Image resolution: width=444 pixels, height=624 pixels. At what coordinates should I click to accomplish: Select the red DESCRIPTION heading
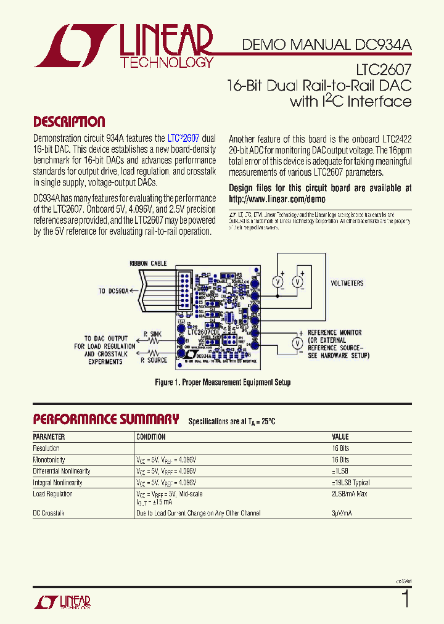point(68,121)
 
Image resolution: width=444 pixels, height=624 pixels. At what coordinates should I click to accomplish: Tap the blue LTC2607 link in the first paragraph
point(184,139)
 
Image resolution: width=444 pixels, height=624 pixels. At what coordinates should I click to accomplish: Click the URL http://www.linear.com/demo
point(276,199)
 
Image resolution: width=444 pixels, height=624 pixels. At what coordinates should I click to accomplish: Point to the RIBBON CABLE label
point(147,263)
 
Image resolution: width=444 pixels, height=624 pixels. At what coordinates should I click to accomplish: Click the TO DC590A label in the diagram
point(113,291)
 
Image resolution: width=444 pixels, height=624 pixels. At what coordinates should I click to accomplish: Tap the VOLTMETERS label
point(347,284)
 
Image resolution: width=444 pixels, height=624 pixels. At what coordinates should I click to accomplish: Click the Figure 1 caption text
point(222,382)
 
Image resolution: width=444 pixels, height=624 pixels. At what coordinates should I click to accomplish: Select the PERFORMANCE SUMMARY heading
point(105,420)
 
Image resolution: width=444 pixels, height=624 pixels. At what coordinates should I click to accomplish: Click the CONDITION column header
point(150,437)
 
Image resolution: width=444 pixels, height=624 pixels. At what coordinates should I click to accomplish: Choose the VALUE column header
point(340,437)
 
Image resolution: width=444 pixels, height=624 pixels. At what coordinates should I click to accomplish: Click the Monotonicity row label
point(49,460)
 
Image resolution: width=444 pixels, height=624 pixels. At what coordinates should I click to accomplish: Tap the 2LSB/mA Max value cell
point(350,494)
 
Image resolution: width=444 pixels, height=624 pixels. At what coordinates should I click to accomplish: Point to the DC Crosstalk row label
point(49,513)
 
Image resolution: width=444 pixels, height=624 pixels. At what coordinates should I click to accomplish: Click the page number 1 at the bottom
point(405,599)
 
